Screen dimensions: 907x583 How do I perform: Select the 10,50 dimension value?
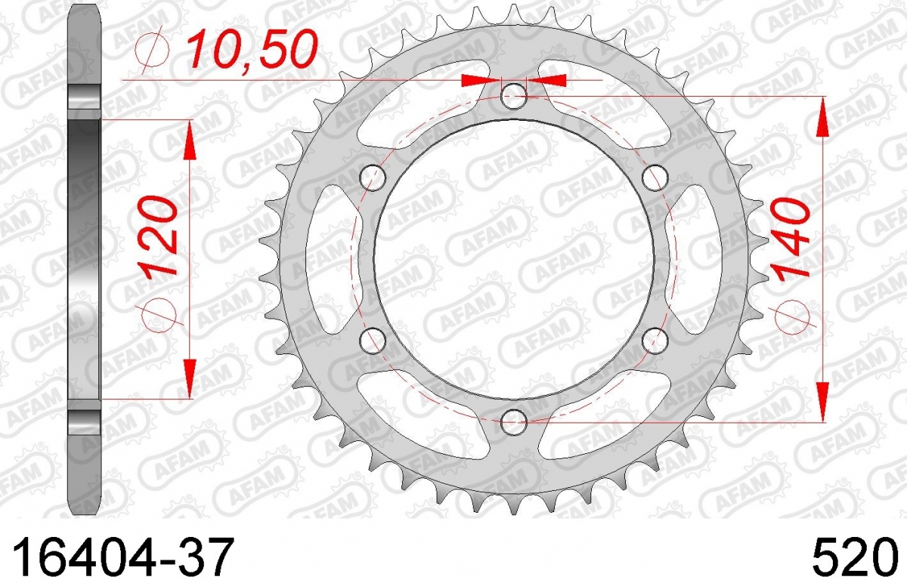[x=251, y=49]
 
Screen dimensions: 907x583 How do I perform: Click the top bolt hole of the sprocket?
[x=514, y=97]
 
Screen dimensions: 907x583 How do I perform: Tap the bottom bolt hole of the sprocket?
[x=514, y=422]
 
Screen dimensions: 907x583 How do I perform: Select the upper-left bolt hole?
[x=373, y=177]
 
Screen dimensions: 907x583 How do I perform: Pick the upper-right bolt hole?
[x=655, y=177]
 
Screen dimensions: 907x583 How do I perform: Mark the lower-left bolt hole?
[x=373, y=341]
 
